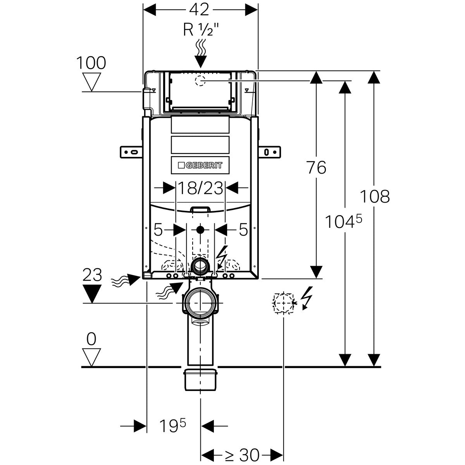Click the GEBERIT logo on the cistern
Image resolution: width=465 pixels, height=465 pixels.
click(x=200, y=165)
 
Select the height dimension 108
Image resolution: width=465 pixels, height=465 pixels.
click(x=374, y=196)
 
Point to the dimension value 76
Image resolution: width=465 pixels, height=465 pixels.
click(x=316, y=167)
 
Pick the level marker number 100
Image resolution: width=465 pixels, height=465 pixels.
click(x=91, y=62)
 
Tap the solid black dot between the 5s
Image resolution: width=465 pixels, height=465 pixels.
click(x=200, y=229)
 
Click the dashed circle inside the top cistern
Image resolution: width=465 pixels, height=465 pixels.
click(x=200, y=81)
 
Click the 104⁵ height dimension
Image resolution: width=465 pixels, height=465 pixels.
click(x=343, y=222)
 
